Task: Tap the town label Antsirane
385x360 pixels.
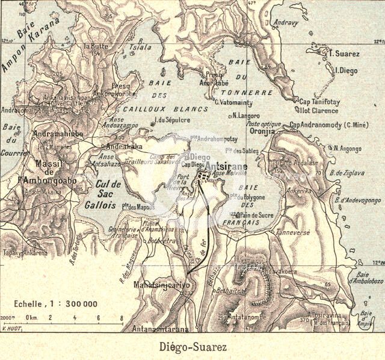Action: (x=227, y=164)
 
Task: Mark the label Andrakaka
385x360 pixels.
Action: (x=125, y=146)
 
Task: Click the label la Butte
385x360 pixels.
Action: (x=95, y=46)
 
